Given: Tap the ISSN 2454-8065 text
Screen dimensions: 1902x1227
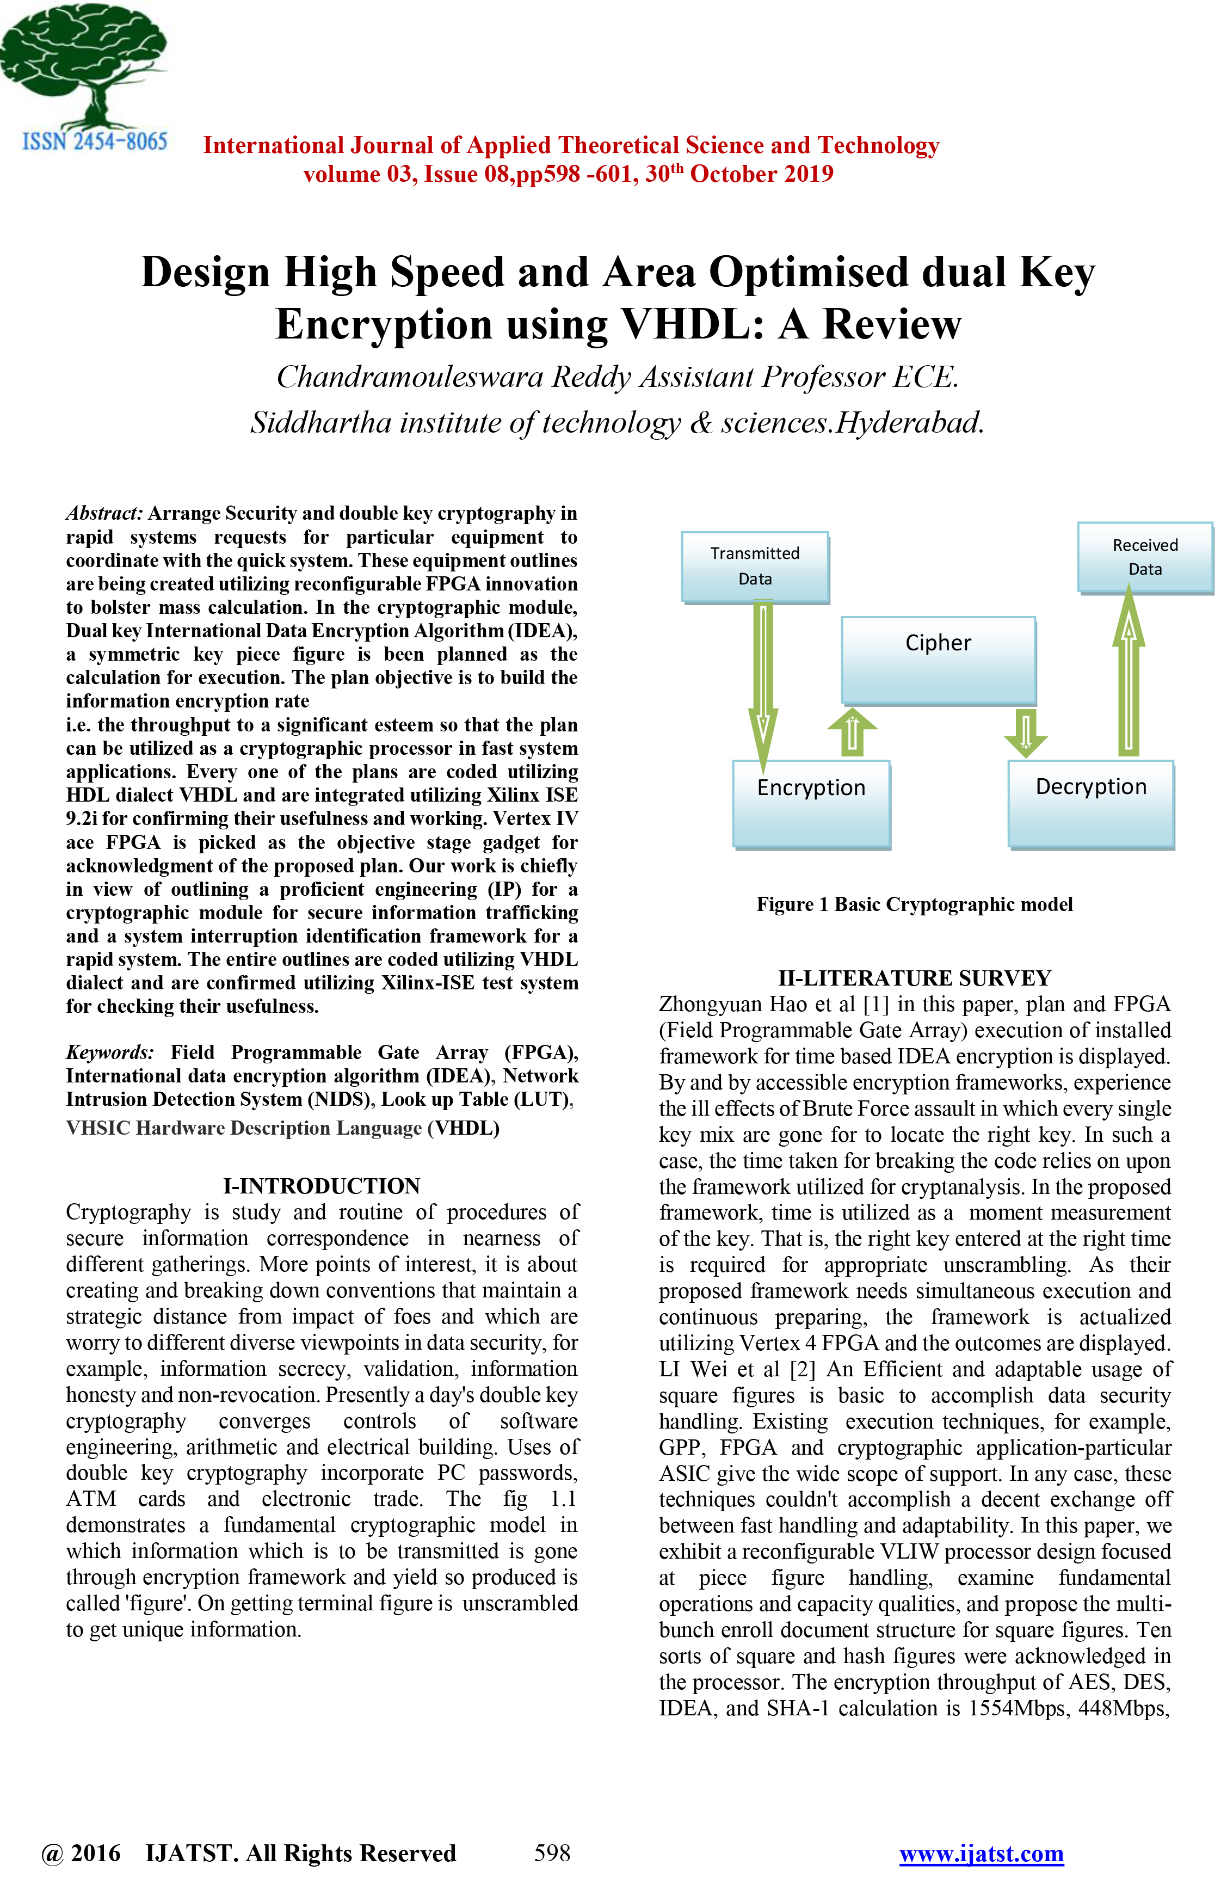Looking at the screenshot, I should (x=95, y=142).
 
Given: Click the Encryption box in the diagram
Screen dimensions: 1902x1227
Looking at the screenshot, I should (x=811, y=803).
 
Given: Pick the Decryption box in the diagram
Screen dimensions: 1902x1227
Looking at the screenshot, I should (x=1091, y=803).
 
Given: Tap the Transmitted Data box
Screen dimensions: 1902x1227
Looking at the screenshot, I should (x=755, y=566).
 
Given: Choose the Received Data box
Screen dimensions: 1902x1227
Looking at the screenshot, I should (x=1144, y=557).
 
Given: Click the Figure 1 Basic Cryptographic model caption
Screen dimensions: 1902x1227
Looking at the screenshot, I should (x=914, y=904).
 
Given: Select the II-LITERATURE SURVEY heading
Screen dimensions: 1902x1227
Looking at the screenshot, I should (x=914, y=978).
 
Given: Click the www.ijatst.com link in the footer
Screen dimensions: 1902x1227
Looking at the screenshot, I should (x=981, y=1854).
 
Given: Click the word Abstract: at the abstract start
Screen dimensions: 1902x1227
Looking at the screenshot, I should (x=103, y=513).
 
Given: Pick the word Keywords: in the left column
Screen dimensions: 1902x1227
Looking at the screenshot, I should (x=110, y=1052).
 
